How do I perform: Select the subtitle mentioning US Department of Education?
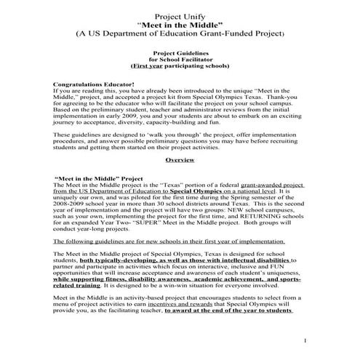(x=180, y=33)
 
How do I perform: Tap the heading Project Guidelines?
(x=180, y=53)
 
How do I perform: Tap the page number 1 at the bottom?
(x=306, y=340)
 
